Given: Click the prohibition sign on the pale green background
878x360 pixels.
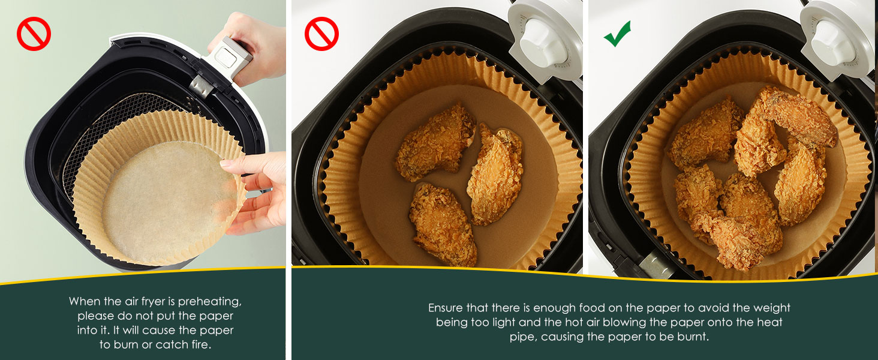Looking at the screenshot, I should (x=34, y=34).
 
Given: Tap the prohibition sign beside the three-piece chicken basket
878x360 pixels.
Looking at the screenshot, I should (x=321, y=34).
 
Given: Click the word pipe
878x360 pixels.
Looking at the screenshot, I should (x=521, y=337).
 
